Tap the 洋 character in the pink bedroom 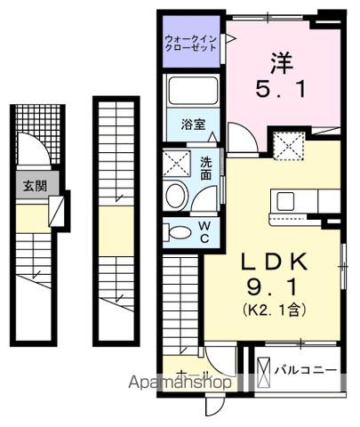click(x=282, y=63)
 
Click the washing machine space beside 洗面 click(x=176, y=164)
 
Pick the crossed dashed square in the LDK click(x=287, y=143)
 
